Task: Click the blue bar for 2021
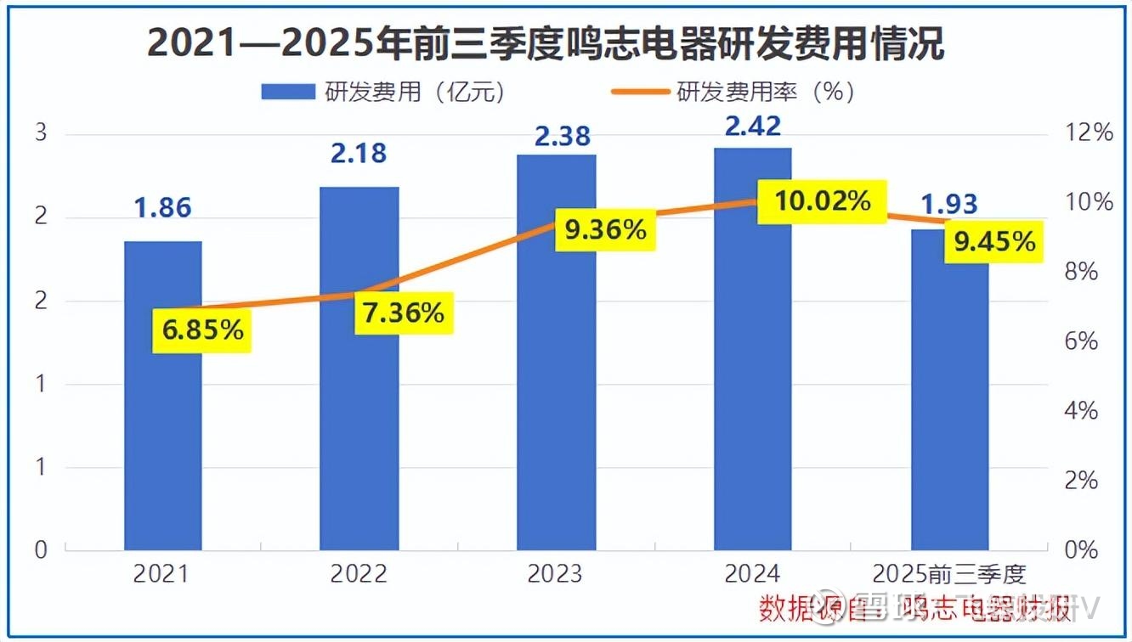(x=163, y=425)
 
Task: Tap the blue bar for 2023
(x=557, y=399)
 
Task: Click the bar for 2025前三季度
(x=950, y=408)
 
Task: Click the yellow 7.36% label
(x=403, y=313)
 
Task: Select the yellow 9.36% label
(x=605, y=228)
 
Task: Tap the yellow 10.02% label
(x=823, y=201)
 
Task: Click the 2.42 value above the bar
(x=753, y=126)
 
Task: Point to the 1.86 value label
(x=163, y=207)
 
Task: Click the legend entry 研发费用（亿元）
(x=382, y=92)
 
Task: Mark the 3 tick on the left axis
(x=41, y=133)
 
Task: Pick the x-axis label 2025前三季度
(x=950, y=574)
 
